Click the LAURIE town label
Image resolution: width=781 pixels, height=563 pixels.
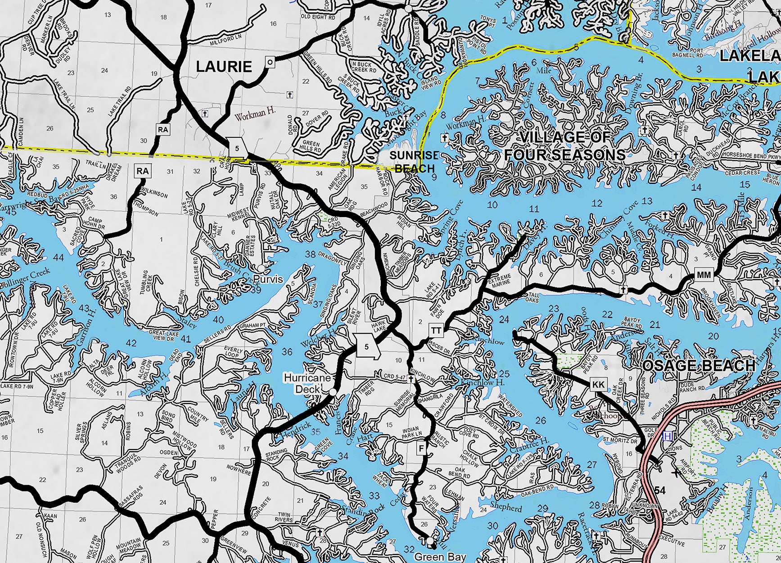pos(224,67)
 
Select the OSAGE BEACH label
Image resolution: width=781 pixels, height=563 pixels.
pos(699,366)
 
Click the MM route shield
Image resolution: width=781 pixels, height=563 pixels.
pos(703,275)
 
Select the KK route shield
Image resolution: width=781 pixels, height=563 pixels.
pos(598,385)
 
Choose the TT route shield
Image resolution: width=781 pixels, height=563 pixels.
pos(436,331)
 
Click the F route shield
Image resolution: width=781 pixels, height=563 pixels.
pos(422,449)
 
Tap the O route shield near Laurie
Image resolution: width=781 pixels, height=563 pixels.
pos(270,62)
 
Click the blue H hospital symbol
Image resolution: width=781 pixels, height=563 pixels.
pos(668,436)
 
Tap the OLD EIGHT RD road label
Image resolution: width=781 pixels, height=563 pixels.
pos(318,17)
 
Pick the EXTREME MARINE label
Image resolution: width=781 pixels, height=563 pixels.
pos(500,281)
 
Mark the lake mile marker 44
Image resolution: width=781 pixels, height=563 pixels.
pos(58,258)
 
